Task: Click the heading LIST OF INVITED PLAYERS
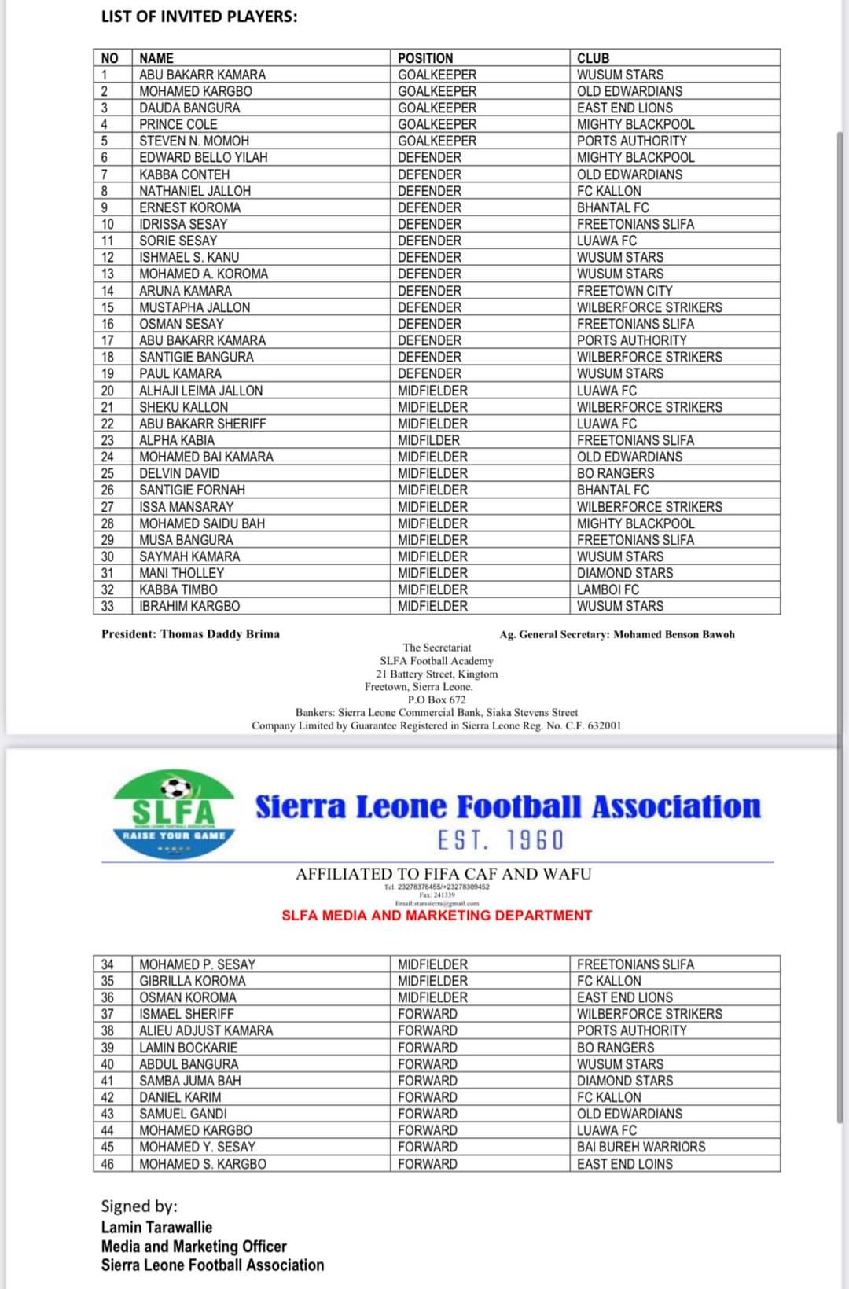point(199,17)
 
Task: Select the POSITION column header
point(425,58)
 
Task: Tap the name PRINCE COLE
point(178,124)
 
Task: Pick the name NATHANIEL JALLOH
point(195,191)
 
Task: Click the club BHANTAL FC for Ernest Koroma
point(613,207)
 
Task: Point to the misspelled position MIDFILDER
point(428,440)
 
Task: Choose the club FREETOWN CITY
point(625,291)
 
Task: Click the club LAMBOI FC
point(608,589)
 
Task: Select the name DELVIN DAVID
point(179,473)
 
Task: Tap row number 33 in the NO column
point(108,606)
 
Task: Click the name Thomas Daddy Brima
point(220,634)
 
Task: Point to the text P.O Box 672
point(436,700)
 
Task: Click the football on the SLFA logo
point(175,788)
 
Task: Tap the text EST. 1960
point(501,840)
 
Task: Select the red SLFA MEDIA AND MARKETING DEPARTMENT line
point(436,916)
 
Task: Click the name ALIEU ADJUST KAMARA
point(206,1030)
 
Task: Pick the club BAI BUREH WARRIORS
point(641,1147)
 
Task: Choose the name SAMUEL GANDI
point(183,1114)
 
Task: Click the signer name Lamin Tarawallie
point(156,1227)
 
